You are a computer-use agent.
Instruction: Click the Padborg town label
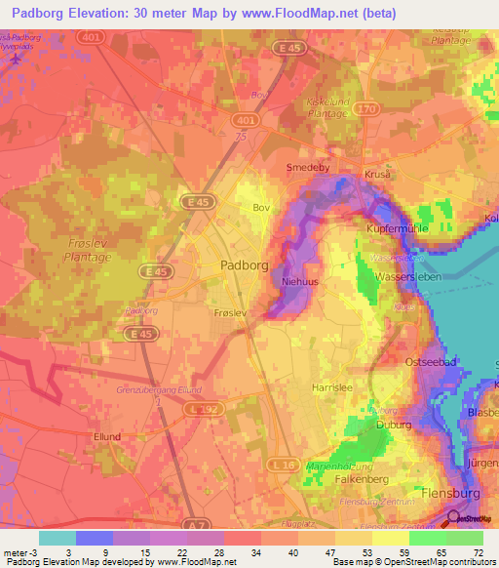pyautogui.click(x=232, y=264)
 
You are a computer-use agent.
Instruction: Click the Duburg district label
pyautogui.click(x=392, y=426)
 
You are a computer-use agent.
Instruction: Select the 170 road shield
pyautogui.click(x=367, y=108)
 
